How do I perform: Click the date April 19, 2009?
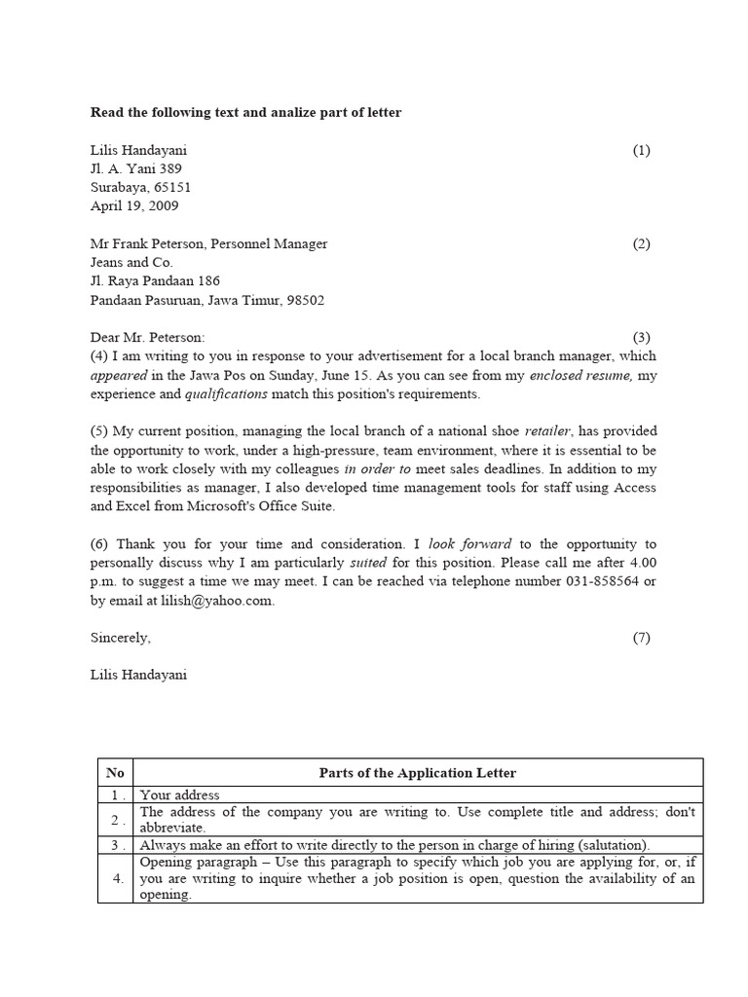point(134,206)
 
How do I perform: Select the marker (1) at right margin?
point(641,150)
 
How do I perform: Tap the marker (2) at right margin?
point(641,244)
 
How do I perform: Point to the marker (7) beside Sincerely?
point(641,639)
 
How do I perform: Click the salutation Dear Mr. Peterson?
point(148,338)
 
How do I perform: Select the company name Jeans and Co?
point(131,263)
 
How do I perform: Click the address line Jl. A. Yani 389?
point(136,168)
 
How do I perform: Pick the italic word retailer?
point(548,431)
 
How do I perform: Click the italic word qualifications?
point(226,394)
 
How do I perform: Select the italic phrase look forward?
point(469,544)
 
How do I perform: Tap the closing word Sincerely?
point(120,639)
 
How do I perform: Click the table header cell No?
point(115,773)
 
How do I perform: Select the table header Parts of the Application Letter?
point(418,773)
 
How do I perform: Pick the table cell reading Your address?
point(180,795)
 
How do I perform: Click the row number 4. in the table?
point(115,879)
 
